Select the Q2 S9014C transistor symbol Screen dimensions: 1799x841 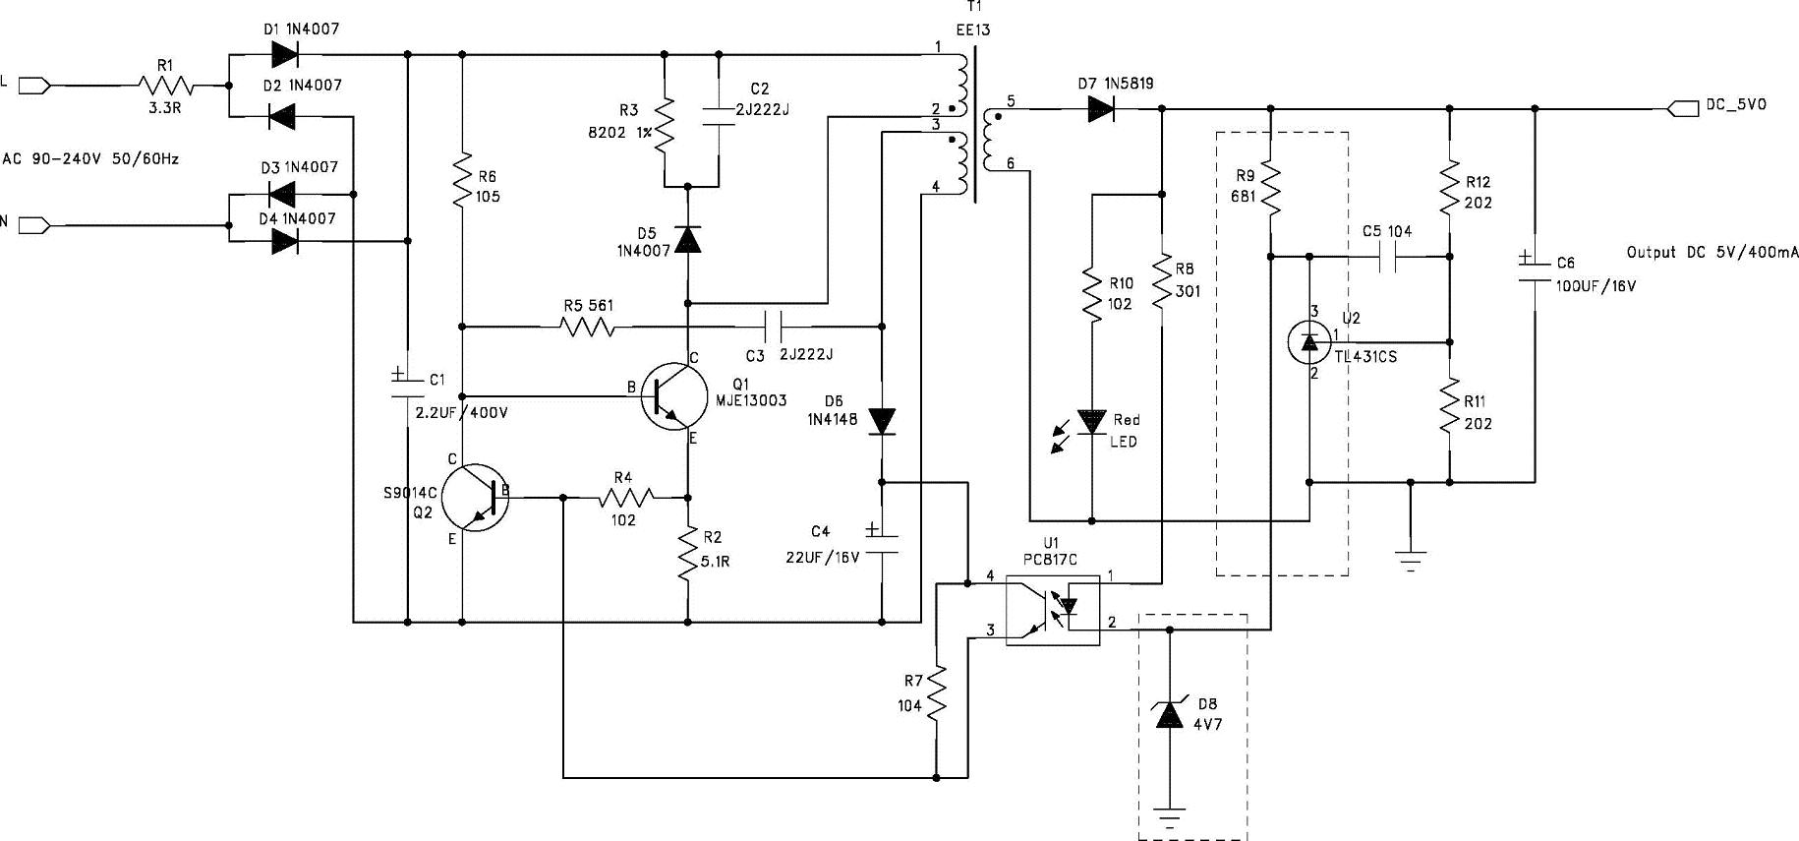(x=475, y=498)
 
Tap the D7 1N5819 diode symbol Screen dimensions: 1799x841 (x=1099, y=108)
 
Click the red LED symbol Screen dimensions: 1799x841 (x=1092, y=422)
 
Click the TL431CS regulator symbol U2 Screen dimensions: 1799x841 (x=1308, y=340)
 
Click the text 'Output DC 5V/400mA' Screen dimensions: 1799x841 (x=1712, y=252)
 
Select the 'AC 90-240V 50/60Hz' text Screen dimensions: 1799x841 (x=90, y=157)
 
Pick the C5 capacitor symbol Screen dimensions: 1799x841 (x=1388, y=258)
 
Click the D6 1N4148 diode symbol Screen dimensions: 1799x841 (x=882, y=421)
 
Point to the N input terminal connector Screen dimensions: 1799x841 (x=33, y=225)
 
